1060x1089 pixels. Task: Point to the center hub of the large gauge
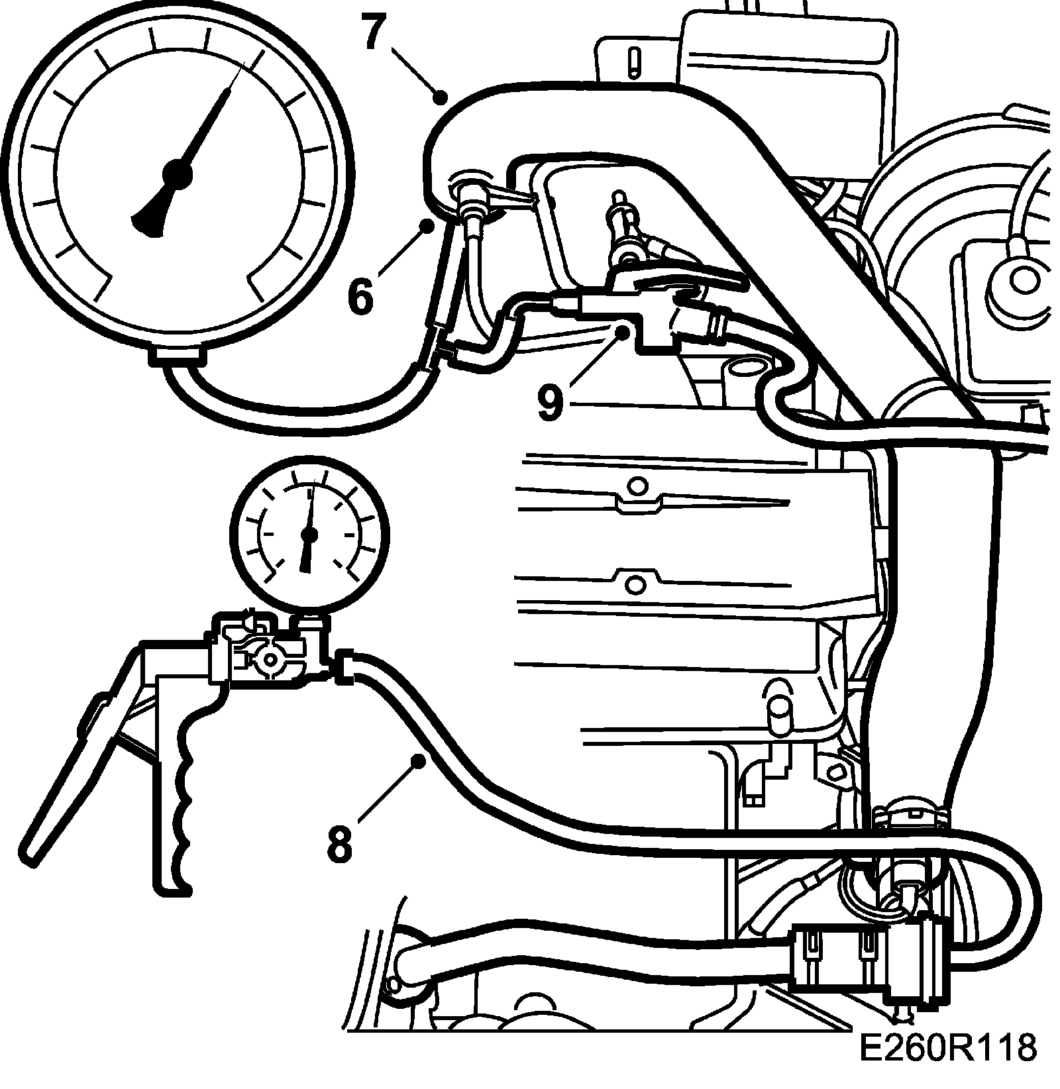177,174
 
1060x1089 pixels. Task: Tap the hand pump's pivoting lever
73,768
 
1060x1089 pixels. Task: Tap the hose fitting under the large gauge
176,357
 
